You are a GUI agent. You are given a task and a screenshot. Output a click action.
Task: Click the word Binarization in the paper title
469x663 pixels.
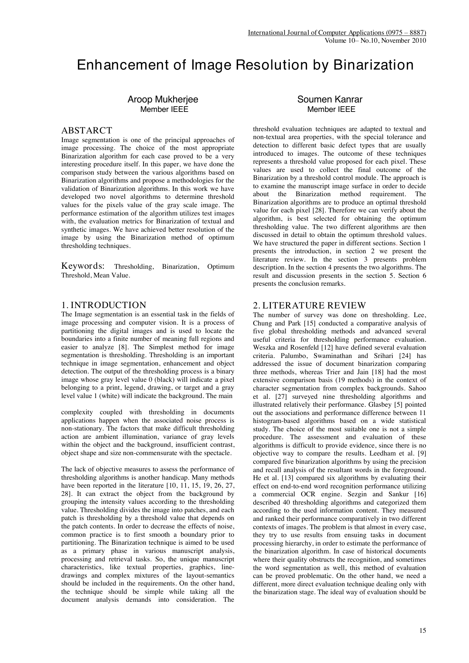(x=373, y=65)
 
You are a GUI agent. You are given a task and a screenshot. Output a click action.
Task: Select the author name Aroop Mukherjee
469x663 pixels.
(x=163, y=99)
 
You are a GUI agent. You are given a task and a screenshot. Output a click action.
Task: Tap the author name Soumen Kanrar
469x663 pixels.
(x=330, y=99)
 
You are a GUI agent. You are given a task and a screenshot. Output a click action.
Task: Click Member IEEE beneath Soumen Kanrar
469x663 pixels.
(x=331, y=110)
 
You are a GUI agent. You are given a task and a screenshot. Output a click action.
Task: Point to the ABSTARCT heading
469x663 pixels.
(x=87, y=131)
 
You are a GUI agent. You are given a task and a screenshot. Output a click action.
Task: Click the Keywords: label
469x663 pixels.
(x=83, y=266)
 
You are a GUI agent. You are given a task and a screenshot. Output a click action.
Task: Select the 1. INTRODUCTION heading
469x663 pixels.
(x=104, y=305)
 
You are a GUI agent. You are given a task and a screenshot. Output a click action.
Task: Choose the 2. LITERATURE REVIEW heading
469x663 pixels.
(x=309, y=305)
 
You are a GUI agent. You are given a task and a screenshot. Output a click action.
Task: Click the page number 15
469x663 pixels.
(x=423, y=630)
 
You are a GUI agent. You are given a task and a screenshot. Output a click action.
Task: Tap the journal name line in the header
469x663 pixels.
(x=337, y=33)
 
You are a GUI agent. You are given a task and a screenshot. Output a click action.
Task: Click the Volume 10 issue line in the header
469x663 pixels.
(x=375, y=40)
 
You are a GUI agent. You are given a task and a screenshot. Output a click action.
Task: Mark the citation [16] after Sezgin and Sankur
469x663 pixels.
(x=420, y=494)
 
